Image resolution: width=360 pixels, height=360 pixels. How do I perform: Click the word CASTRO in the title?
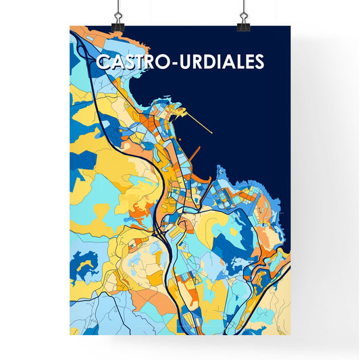pos(135,62)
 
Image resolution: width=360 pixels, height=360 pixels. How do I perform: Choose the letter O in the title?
pos(168,62)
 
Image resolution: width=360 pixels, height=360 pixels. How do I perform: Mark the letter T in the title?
pos(143,62)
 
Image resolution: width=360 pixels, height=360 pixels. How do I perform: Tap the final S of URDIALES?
pos(259,62)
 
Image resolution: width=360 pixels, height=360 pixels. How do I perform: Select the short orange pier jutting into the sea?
pos(194,152)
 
